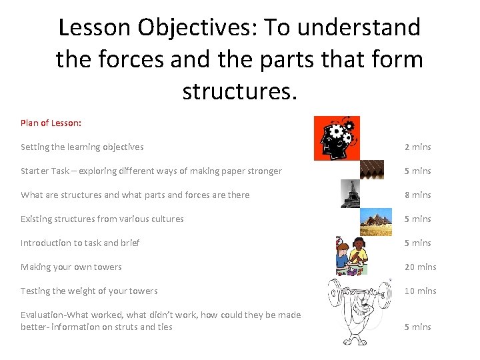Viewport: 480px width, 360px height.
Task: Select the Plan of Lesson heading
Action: (51, 123)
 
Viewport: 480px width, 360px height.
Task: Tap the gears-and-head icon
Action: (337, 138)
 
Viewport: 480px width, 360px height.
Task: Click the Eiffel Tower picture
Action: (350, 193)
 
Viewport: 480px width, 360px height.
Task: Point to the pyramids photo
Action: (376, 220)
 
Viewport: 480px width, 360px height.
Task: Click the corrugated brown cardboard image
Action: (371, 170)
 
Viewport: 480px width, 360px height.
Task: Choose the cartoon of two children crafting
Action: (351, 255)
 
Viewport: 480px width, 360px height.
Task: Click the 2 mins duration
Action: (418, 147)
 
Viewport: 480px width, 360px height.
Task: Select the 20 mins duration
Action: (421, 267)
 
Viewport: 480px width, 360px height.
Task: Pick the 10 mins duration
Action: (421, 291)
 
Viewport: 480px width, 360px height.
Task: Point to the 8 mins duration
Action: (418, 195)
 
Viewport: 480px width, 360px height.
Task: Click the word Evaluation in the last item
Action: (43, 315)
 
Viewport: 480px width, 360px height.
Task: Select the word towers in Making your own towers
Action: (107, 267)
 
